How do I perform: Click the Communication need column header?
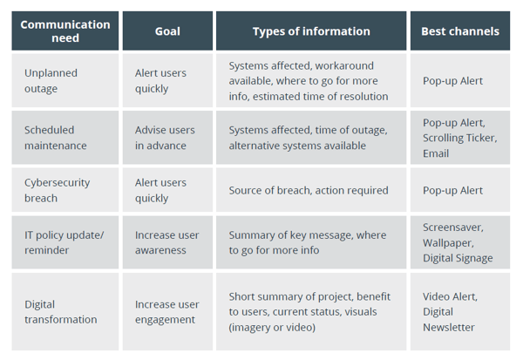[65, 31]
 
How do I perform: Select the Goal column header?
[167, 31]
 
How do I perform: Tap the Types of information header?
[311, 31]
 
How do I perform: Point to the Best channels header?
[460, 31]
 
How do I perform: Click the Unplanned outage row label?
[51, 81]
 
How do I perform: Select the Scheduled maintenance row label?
[56, 138]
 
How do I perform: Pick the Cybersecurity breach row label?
[57, 190]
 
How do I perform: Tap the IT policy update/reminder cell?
[64, 242]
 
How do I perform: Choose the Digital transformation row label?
[61, 312]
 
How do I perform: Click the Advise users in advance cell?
[165, 138]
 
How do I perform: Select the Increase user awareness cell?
[166, 242]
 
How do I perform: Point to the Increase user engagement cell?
[166, 312]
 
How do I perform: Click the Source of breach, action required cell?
[309, 191]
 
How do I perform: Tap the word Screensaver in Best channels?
[452, 228]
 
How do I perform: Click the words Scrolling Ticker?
[459, 138]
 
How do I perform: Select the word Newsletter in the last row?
[449, 327]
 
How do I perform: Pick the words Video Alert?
[450, 296]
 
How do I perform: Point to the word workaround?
[344, 65]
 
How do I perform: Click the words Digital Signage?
[458, 258]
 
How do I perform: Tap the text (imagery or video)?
[272, 327]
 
